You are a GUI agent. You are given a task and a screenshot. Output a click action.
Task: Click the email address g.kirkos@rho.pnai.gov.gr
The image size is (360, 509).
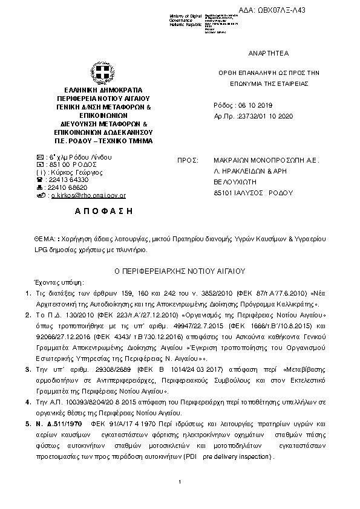tap(88, 196)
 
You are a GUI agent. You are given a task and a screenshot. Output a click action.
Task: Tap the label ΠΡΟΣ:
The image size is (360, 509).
tap(188, 161)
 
